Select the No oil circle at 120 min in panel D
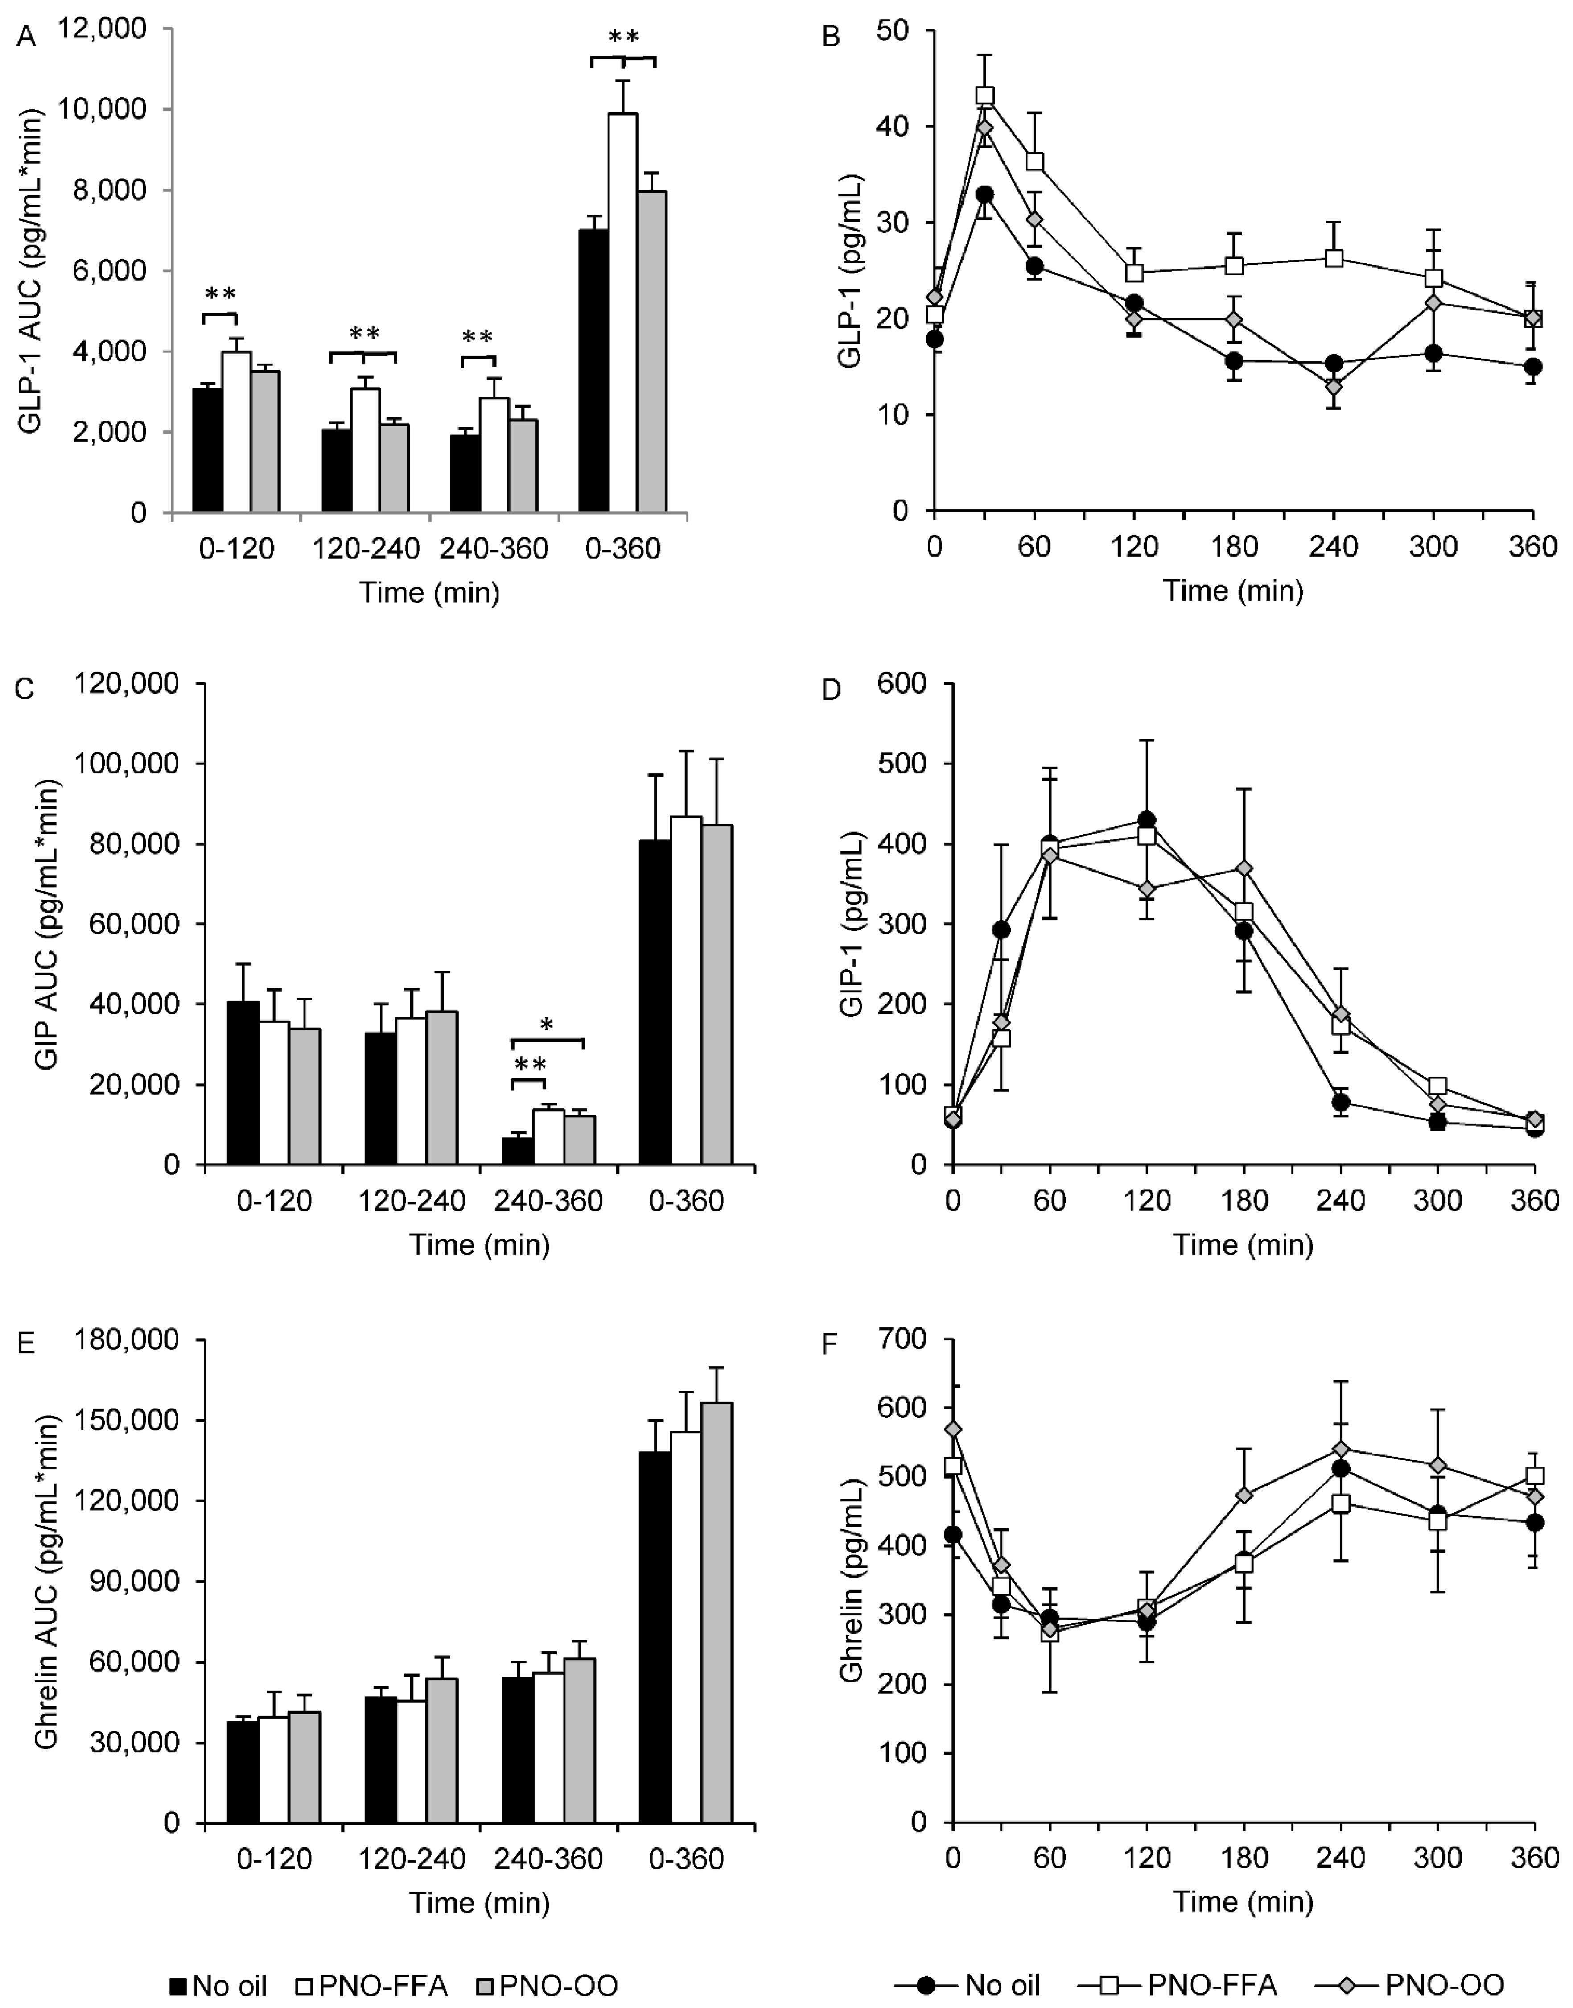tap(1147, 820)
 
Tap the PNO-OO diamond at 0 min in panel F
tap(953, 1429)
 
